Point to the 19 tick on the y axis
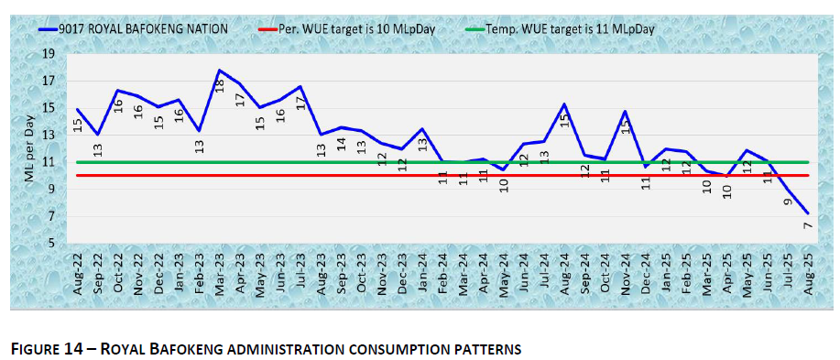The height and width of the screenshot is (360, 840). pos(49,54)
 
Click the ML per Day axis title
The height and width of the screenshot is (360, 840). pos(29,148)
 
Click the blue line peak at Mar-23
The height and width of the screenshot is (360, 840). pos(219,70)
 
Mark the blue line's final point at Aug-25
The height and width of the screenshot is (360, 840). pos(807,213)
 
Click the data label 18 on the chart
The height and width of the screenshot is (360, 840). pos(220,85)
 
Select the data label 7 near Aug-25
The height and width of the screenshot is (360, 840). pos(809,226)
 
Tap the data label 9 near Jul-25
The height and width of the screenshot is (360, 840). pos(788,200)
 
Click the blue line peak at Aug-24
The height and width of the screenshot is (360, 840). pos(564,104)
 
